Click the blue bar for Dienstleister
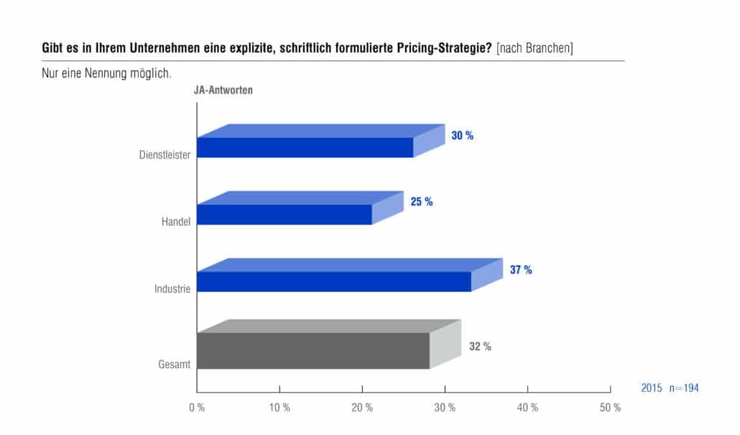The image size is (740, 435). [x=321, y=141]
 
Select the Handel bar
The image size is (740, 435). [x=300, y=208]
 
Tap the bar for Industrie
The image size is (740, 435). [x=350, y=275]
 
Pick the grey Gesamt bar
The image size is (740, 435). [x=329, y=344]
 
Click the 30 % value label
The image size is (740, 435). [x=462, y=136]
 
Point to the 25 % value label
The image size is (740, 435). [x=422, y=201]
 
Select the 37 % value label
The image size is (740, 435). [x=521, y=270]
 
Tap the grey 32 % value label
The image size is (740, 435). [x=480, y=347]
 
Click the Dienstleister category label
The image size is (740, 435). [x=165, y=155]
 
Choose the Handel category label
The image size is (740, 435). [x=175, y=221]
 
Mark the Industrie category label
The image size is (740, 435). [x=172, y=288]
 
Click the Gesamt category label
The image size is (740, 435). [x=174, y=364]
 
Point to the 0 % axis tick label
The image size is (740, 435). [x=197, y=408]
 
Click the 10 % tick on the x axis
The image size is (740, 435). [x=279, y=408]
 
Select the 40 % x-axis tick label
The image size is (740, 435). [x=527, y=408]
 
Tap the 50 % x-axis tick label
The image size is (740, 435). [x=610, y=408]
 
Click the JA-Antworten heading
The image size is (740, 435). [x=223, y=90]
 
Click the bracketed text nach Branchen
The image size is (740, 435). [x=535, y=48]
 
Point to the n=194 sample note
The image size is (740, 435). [x=684, y=388]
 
